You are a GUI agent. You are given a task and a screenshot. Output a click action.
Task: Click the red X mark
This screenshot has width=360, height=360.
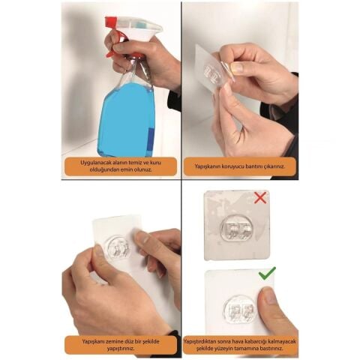pyautogui.click(x=260, y=198)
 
